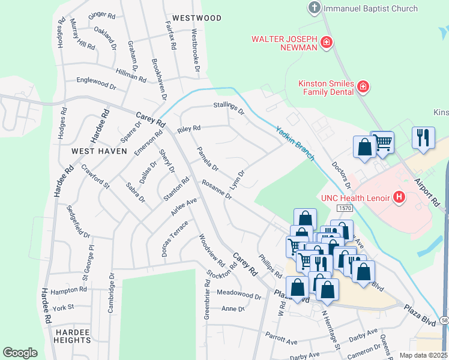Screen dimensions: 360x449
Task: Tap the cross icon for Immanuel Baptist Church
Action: coord(314,8)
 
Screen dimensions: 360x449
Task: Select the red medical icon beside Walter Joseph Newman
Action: coord(327,42)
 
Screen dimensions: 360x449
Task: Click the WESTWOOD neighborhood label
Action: coord(196,19)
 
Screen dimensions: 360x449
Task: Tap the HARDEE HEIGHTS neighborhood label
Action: coord(71,335)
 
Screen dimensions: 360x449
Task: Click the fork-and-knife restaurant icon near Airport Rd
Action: coord(423,137)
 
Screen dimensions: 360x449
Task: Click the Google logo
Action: coord(20,353)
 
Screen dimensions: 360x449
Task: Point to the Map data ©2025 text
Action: coord(423,355)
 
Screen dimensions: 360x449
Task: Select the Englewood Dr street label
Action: coord(96,83)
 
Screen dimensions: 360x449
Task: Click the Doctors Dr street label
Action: coord(340,173)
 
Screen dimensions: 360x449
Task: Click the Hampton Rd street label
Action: coord(69,290)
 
